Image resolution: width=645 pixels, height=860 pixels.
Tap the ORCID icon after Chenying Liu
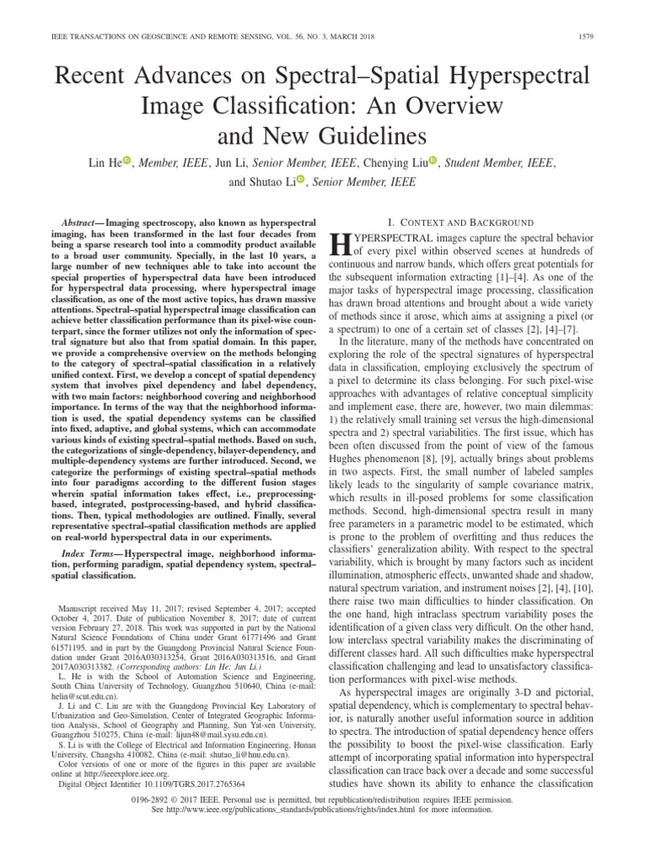pos(433,160)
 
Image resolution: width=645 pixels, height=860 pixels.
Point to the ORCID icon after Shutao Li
pos(297,181)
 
